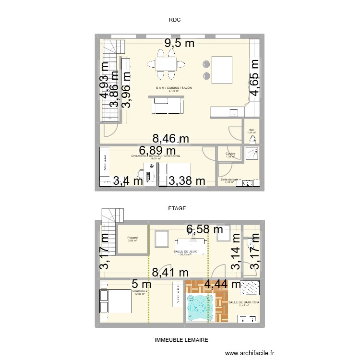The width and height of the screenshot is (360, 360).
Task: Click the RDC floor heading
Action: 173,20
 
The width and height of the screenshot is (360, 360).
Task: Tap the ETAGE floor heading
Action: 177,208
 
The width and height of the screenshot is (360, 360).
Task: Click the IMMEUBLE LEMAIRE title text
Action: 181,339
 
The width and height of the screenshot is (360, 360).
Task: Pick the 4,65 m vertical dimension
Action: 254,78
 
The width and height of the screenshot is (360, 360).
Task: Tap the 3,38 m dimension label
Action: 187,181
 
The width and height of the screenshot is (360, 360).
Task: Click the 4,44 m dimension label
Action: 223,284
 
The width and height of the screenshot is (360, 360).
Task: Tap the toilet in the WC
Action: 252,139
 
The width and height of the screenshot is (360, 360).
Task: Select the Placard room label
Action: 132,238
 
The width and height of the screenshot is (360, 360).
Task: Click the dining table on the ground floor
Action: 166,64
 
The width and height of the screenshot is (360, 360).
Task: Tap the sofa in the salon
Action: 167,105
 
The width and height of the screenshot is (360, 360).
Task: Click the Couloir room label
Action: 230,154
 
